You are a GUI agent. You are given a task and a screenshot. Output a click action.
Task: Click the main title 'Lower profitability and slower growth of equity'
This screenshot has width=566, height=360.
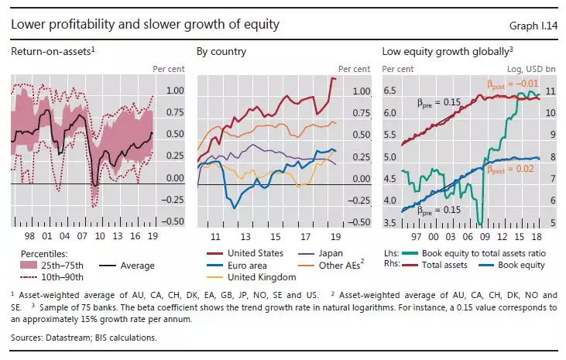pyautogui.click(x=145, y=25)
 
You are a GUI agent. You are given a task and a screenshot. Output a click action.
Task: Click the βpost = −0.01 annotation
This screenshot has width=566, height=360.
pyautogui.click(x=511, y=84)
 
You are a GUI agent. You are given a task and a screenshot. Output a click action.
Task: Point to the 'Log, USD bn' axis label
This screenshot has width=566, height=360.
pyautogui.click(x=534, y=69)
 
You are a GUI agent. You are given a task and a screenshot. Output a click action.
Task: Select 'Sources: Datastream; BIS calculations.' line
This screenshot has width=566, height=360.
pyautogui.click(x=84, y=338)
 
